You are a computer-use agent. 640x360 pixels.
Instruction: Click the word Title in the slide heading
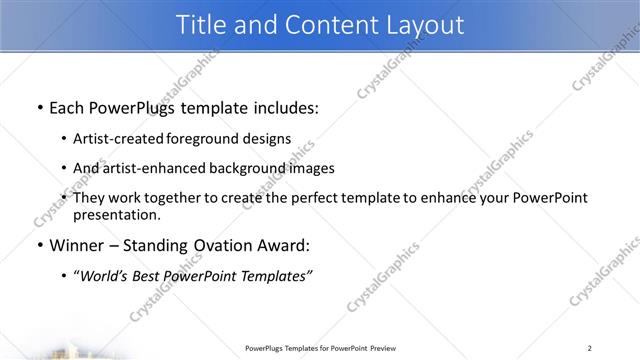[x=202, y=26]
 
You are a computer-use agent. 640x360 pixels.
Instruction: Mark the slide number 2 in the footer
[x=590, y=348]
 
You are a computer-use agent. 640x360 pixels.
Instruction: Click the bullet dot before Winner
[x=38, y=245]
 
